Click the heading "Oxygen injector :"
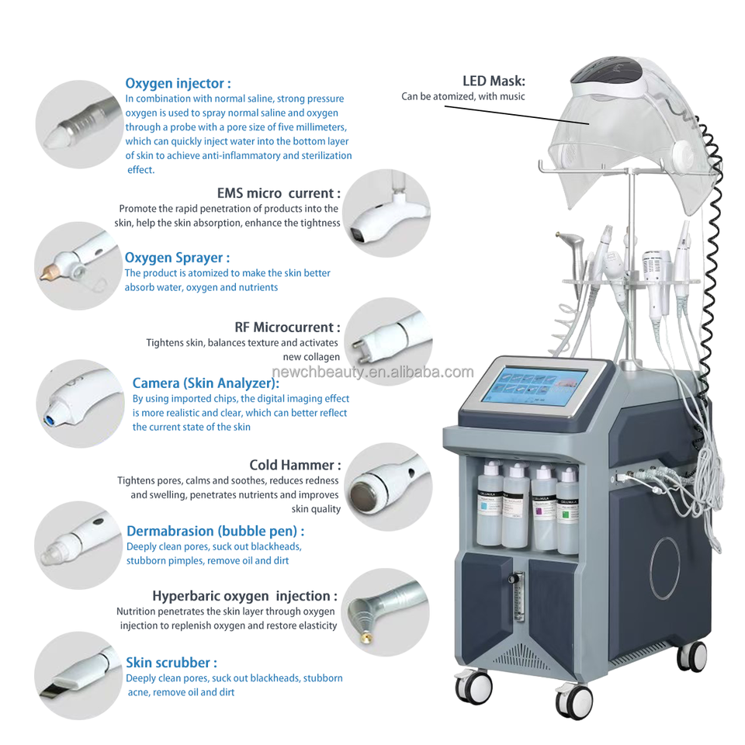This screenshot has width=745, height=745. (178, 83)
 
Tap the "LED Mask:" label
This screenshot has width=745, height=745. (494, 81)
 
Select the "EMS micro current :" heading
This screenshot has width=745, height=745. (279, 193)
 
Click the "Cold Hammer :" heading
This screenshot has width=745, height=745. (295, 465)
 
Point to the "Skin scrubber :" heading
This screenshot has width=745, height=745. (172, 662)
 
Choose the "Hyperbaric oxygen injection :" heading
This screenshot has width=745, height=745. (244, 596)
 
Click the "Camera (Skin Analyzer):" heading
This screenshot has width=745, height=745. (206, 383)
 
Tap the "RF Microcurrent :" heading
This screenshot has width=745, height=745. (287, 327)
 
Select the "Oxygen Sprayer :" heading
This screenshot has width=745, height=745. (177, 258)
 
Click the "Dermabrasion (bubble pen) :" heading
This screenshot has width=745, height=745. (215, 531)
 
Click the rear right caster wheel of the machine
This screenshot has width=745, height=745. (691, 657)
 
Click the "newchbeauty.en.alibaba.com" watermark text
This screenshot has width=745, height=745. (372, 372)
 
